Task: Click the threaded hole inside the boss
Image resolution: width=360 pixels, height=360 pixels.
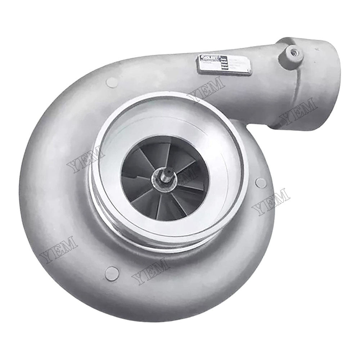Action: pos(294,51)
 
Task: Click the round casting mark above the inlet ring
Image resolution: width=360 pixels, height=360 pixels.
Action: pos(112,82)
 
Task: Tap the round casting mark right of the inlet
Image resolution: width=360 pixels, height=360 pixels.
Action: pos(261,183)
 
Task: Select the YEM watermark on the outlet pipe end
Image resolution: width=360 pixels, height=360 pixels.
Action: pos(298,111)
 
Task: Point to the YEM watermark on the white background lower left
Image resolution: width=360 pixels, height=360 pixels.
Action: pos(58,249)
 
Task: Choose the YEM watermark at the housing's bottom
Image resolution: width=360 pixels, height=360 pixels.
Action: pos(150,270)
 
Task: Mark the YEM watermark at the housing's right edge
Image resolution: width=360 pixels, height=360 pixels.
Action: pos(271,202)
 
